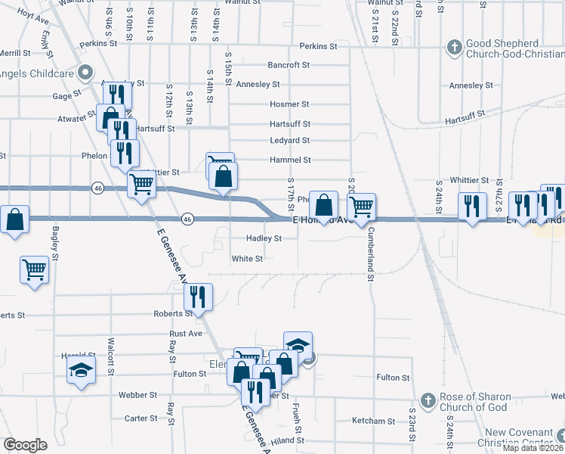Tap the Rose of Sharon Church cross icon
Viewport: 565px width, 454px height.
click(x=427, y=400)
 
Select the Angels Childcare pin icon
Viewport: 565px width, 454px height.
click(x=85, y=74)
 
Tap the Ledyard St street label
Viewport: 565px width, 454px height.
click(x=289, y=141)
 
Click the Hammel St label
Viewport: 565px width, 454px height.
click(x=290, y=160)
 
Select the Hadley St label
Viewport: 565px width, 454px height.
click(x=264, y=238)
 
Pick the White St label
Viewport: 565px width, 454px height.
click(x=247, y=259)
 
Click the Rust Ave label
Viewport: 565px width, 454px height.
click(x=186, y=333)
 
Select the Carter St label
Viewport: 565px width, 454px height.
click(x=140, y=418)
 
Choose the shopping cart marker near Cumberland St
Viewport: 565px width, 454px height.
click(x=362, y=206)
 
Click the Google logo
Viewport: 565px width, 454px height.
click(x=25, y=445)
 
